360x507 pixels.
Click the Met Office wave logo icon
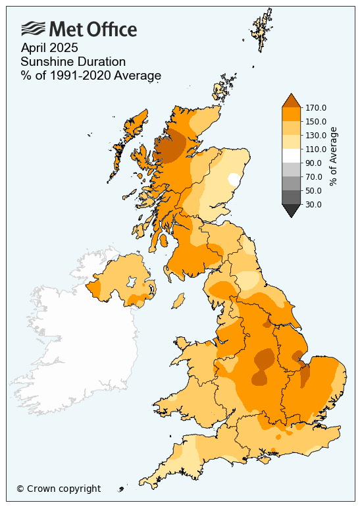point(34,28)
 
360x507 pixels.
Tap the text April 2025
point(49,47)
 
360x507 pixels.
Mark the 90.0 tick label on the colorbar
point(313,163)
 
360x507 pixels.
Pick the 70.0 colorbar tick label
point(313,176)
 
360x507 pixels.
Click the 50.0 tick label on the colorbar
point(313,190)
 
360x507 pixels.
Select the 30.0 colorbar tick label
point(313,204)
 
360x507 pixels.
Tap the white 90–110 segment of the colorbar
point(291,155)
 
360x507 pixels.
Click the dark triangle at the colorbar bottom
point(291,210)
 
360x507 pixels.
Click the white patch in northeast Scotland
point(233,178)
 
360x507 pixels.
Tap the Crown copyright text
point(59,489)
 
